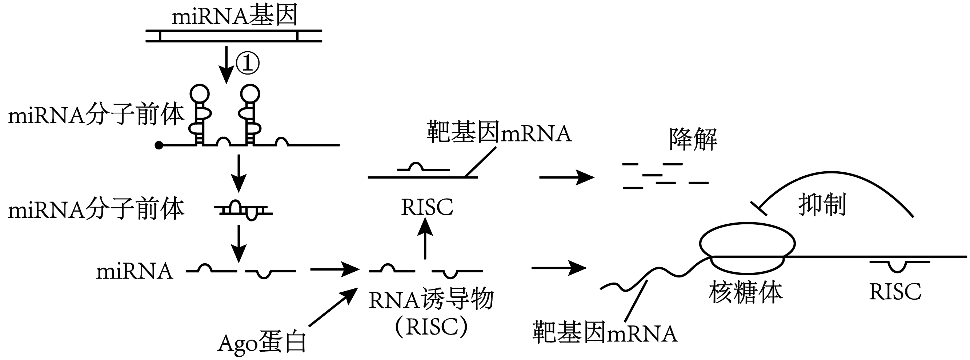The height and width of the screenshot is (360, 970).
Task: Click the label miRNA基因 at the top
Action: (235, 16)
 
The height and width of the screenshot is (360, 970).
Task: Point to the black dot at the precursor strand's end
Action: (159, 145)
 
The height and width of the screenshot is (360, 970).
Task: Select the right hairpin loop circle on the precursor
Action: (250, 93)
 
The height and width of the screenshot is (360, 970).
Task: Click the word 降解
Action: (693, 139)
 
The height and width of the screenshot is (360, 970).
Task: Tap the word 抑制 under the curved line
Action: (822, 205)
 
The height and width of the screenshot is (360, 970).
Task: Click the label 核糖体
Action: (746, 293)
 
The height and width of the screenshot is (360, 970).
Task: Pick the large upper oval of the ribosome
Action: (747, 243)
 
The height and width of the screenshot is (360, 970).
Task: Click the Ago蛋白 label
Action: (262, 343)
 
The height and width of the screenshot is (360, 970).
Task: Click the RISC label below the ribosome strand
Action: (895, 292)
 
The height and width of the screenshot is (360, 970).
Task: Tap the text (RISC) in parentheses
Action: (431, 327)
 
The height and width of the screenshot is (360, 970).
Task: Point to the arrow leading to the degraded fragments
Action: (566, 177)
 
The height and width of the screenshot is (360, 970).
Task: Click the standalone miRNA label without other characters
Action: (135, 272)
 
